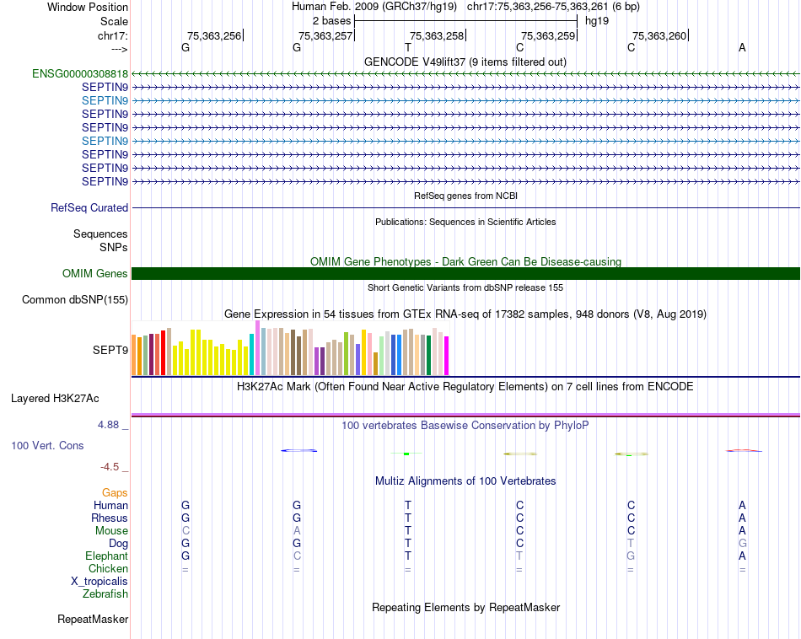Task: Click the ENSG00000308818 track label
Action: pos(80,73)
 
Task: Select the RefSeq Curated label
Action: pos(89,207)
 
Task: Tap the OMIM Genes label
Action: pos(95,273)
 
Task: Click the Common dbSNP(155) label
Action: pos(75,299)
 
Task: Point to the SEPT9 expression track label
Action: pos(110,349)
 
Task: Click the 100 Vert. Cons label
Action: pos(47,445)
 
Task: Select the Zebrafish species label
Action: pos(105,593)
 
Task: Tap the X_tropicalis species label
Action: pos(99,581)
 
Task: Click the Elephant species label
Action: pos(106,556)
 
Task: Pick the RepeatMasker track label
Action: pos(93,620)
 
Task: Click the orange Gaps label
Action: pos(115,492)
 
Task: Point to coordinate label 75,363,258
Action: pos(437,35)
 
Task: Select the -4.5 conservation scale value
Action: pos(113,466)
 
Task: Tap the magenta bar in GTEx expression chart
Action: pos(447,355)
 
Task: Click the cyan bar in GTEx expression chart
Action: pos(252,353)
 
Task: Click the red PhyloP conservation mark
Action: pos(744,451)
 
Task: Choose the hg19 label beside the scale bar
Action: pos(597,20)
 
